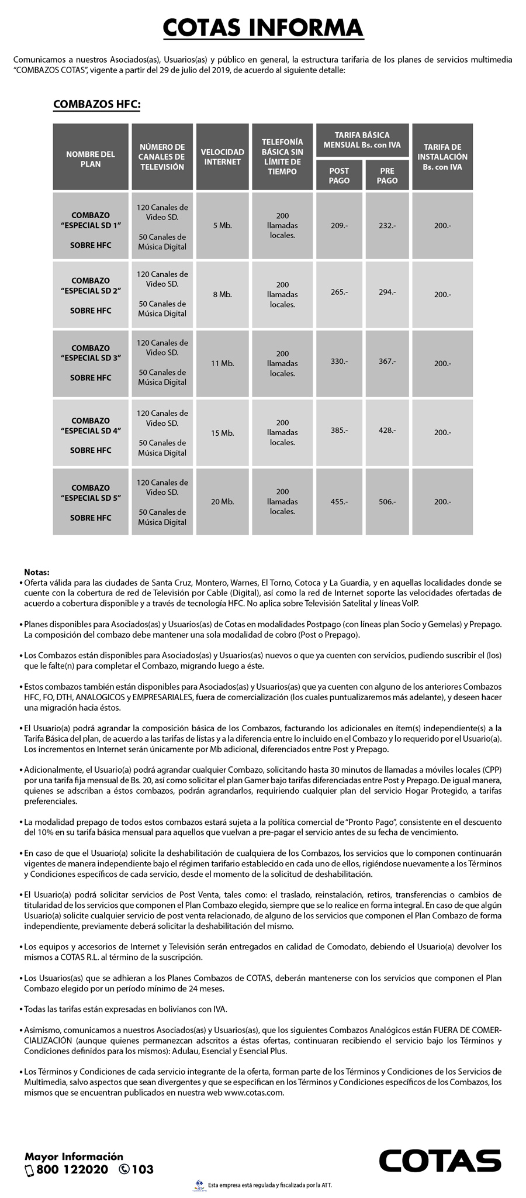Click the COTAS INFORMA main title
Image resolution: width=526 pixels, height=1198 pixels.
[263, 27]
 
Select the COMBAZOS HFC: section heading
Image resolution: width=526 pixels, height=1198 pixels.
[97, 105]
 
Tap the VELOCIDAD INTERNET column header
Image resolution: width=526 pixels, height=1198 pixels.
[222, 157]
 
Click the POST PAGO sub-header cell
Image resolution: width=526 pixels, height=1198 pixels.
[339, 175]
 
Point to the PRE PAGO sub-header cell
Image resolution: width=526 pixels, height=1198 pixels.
[387, 175]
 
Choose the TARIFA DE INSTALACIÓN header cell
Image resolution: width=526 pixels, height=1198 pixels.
[442, 157]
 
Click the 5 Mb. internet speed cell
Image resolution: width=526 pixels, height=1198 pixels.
[222, 226]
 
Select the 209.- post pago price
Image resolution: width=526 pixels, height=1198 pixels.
[339, 225]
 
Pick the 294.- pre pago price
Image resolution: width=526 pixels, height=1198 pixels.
[387, 292]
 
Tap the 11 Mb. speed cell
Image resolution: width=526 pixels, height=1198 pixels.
[222, 363]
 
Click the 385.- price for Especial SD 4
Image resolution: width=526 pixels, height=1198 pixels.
[339, 430]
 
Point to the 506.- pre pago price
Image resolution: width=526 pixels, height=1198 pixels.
[387, 501]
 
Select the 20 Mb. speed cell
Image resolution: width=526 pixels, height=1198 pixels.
[222, 501]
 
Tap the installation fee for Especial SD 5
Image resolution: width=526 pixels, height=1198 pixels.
[442, 501]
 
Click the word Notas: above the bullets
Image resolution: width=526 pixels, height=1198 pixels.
[37, 572]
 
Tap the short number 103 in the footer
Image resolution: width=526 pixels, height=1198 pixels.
[143, 1169]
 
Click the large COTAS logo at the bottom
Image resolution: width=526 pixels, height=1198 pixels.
[440, 1161]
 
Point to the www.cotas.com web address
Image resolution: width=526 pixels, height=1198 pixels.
[254, 1092]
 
